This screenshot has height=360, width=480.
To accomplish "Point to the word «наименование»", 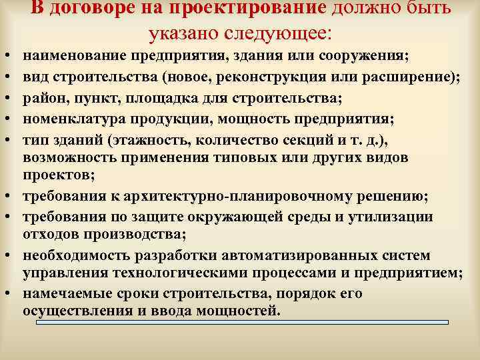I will [71, 55].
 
